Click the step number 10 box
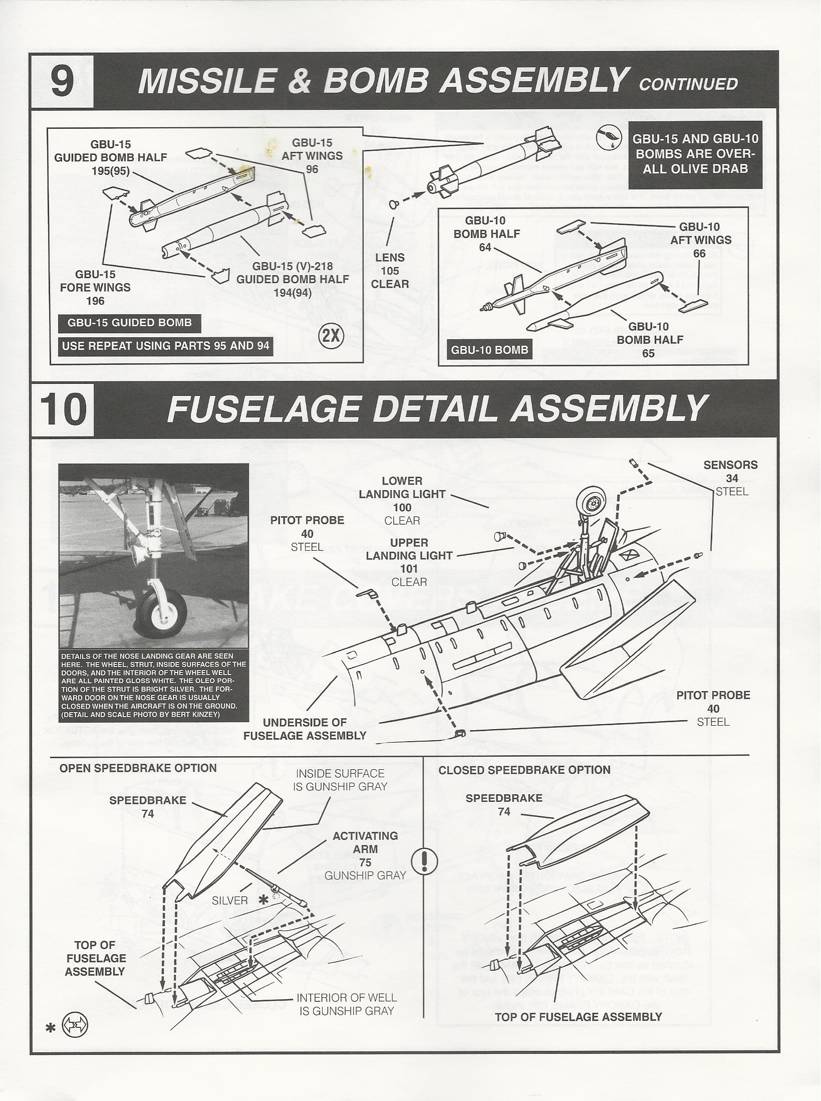63,408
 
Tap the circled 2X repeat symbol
331,336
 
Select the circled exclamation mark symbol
424,861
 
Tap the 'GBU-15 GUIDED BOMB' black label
130,323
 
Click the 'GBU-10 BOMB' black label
489,350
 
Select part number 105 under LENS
390,271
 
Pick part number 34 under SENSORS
731,478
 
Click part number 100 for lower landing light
402,507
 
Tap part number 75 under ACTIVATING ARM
365,862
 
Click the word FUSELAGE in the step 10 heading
263,408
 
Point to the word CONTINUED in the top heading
688,84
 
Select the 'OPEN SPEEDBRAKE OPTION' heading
138,768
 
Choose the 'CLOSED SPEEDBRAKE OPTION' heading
524,770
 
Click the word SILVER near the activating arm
230,901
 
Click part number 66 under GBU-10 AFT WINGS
699,254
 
